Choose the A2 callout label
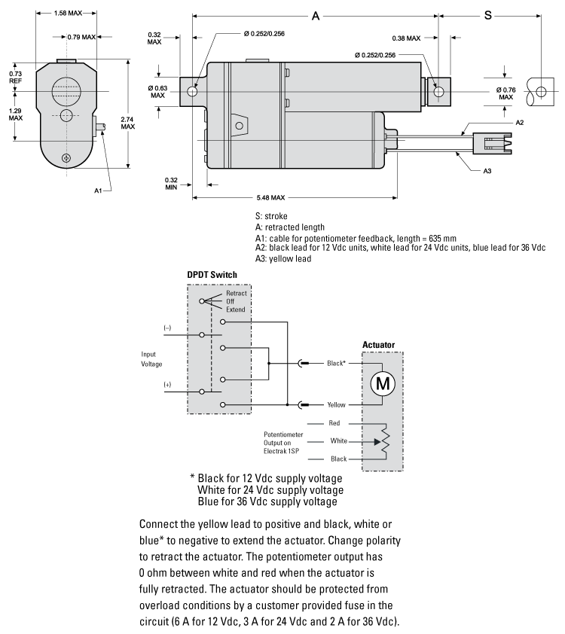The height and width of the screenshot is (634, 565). (x=520, y=122)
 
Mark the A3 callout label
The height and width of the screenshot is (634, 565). (x=487, y=171)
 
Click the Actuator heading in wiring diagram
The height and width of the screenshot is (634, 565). (x=378, y=345)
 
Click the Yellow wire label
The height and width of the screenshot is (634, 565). (x=336, y=404)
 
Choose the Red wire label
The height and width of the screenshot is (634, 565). (x=334, y=423)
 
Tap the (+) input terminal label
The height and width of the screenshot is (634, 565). (x=167, y=385)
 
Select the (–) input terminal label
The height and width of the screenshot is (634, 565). (x=167, y=328)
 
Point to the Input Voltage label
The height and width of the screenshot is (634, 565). (x=151, y=358)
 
